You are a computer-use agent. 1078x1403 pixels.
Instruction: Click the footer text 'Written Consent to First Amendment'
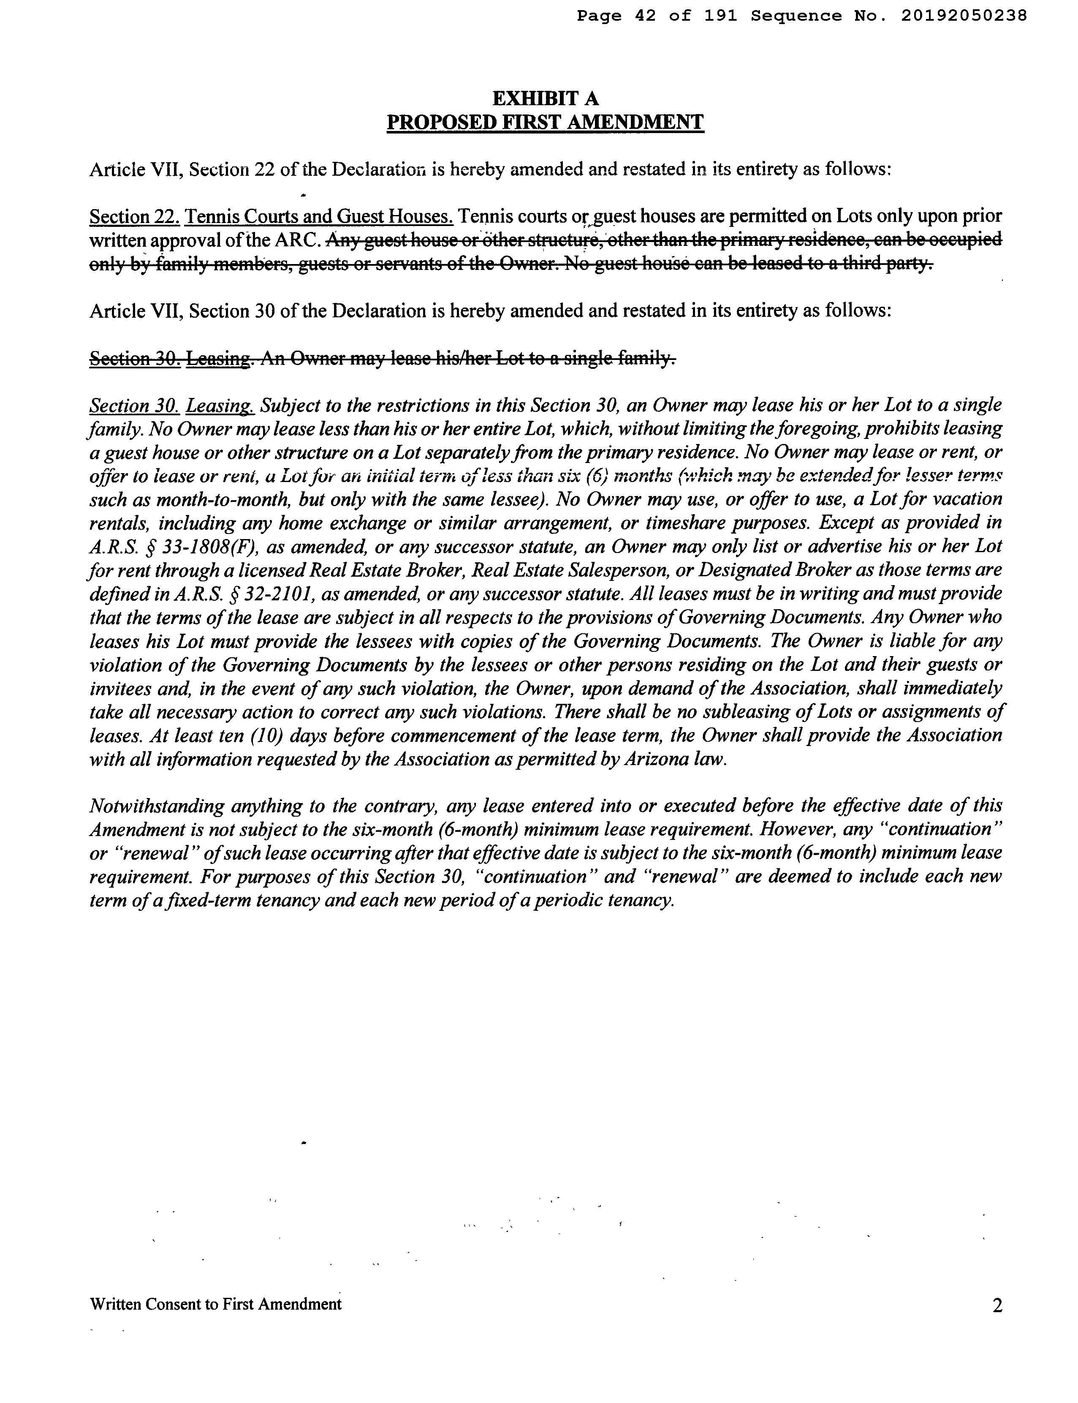pos(216,1304)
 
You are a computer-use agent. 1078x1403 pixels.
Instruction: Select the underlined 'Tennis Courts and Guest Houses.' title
pos(319,217)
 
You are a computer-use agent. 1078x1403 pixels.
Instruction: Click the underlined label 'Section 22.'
pos(134,217)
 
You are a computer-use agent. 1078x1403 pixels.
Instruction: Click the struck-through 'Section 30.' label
pos(134,358)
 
